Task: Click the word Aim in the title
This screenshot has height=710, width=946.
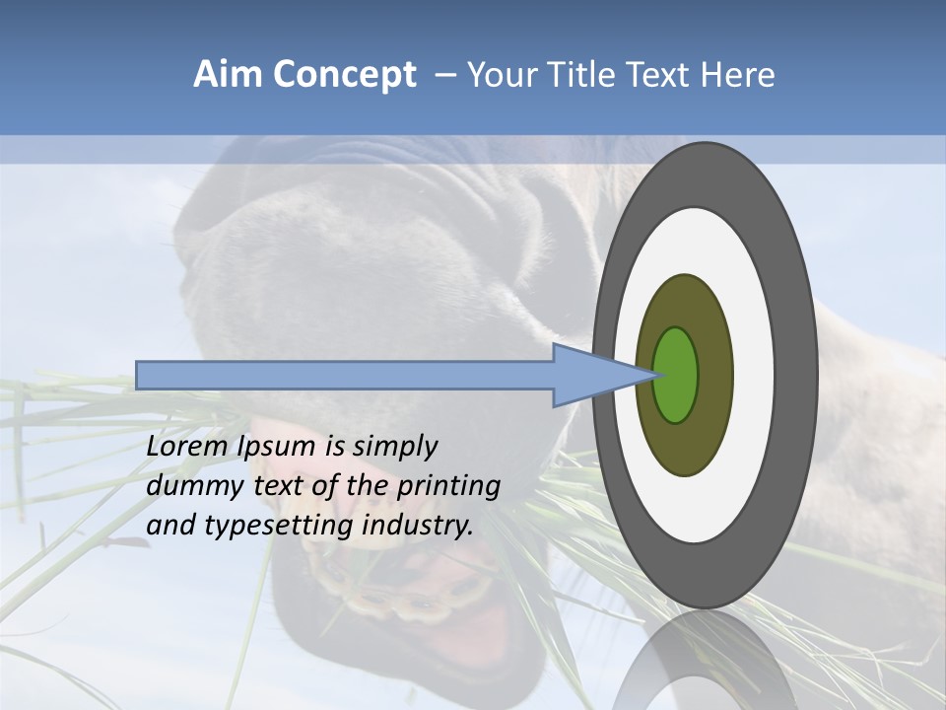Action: click(228, 75)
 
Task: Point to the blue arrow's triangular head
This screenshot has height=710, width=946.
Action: click(591, 375)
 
